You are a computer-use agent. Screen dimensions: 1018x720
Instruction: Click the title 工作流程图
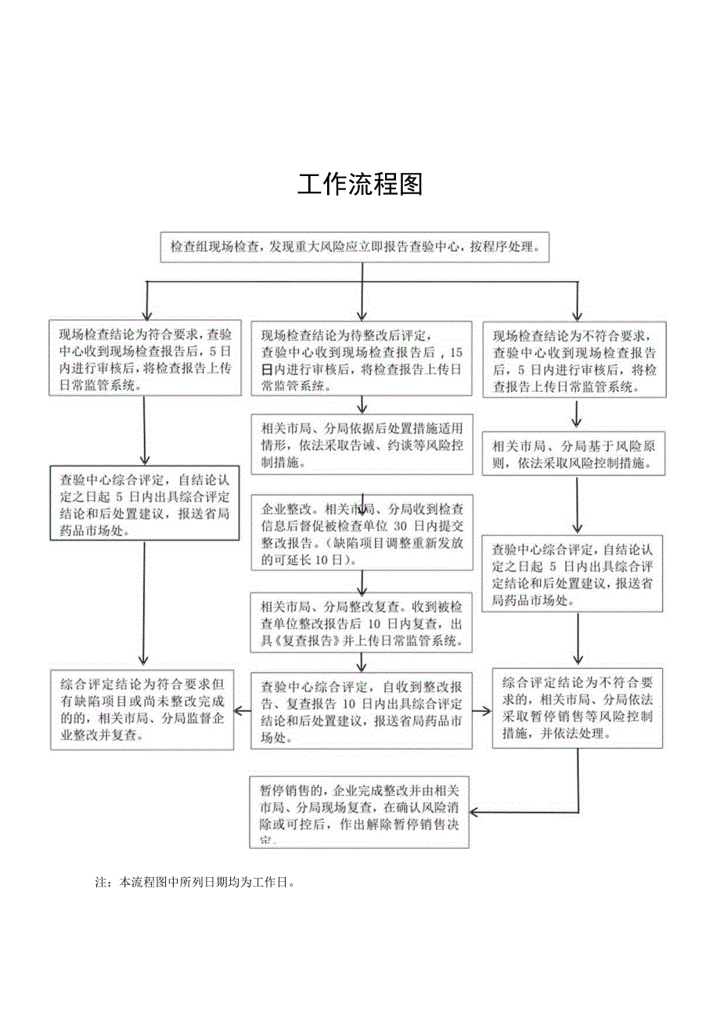tap(360, 185)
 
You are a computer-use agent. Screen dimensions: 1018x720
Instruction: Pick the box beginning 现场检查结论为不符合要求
tap(575, 360)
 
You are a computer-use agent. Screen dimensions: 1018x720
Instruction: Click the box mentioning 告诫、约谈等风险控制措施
tap(362, 444)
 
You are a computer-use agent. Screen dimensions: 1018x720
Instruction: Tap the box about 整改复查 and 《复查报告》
tap(362, 623)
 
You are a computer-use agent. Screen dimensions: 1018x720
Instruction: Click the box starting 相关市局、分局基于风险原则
tap(575, 454)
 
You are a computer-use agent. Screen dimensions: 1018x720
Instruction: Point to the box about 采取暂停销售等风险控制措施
tap(578, 707)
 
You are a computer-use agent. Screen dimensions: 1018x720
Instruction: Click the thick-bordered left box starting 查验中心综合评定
tap(144, 502)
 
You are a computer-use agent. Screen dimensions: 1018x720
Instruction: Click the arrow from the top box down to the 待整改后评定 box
tap(362, 301)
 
